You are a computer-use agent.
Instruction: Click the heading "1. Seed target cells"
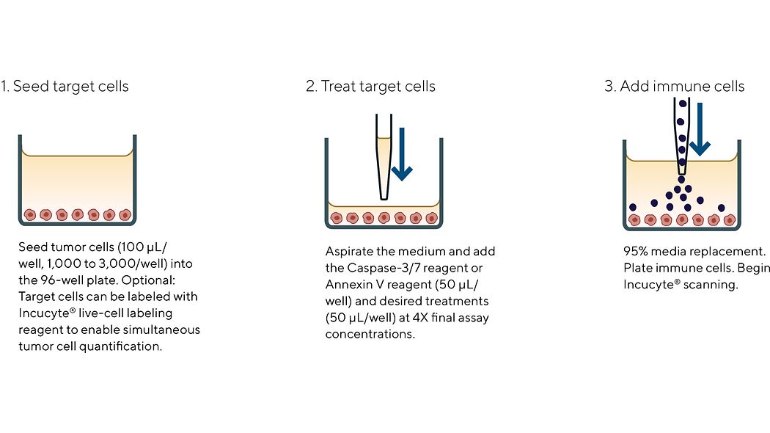(x=65, y=87)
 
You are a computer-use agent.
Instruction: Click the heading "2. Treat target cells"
(x=370, y=87)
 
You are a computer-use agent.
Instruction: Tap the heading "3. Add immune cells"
(x=675, y=87)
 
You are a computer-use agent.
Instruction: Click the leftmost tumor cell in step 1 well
(x=29, y=215)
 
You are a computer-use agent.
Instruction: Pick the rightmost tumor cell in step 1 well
(x=125, y=215)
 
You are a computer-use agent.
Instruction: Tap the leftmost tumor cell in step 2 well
(x=337, y=218)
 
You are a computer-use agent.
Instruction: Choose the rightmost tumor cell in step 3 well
(x=729, y=219)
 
